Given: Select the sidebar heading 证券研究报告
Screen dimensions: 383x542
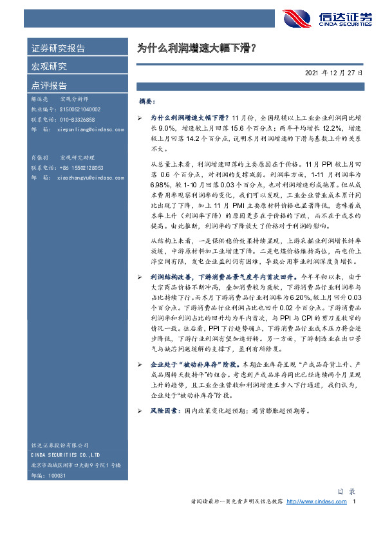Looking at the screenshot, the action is click(59, 48).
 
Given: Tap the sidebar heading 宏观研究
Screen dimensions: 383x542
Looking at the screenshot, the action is click(49, 66).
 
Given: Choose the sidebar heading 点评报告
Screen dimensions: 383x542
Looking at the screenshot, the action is click(49, 85).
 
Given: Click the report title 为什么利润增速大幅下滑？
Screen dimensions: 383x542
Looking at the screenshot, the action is click(197, 48).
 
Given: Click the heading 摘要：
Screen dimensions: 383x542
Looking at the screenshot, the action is click(147, 102).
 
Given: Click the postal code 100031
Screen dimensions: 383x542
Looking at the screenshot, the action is click(57, 474).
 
